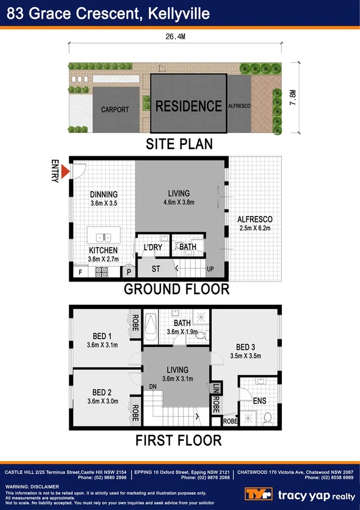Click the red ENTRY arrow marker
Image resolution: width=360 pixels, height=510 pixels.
pyautogui.click(x=66, y=174)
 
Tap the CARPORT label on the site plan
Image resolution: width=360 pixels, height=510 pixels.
pyautogui.click(x=114, y=109)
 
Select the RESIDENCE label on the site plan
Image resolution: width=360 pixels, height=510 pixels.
pyautogui.click(x=188, y=106)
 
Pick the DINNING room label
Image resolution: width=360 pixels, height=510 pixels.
pyautogui.click(x=104, y=194)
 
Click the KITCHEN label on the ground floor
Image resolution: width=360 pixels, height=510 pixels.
pyautogui.click(x=103, y=250)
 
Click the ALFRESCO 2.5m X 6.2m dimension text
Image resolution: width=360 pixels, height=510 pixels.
pyautogui.click(x=255, y=229)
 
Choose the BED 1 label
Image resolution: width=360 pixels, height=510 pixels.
pyautogui.click(x=102, y=336)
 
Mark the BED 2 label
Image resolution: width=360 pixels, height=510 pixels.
pyautogui.click(x=101, y=393)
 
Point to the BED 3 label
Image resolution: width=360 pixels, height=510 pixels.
pyautogui.click(x=245, y=347)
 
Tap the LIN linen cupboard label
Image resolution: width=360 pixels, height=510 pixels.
pyautogui.click(x=216, y=387)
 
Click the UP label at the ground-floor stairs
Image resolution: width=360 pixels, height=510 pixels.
pyautogui.click(x=210, y=268)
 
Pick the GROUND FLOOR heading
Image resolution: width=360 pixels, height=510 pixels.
pyautogui.click(x=176, y=289)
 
